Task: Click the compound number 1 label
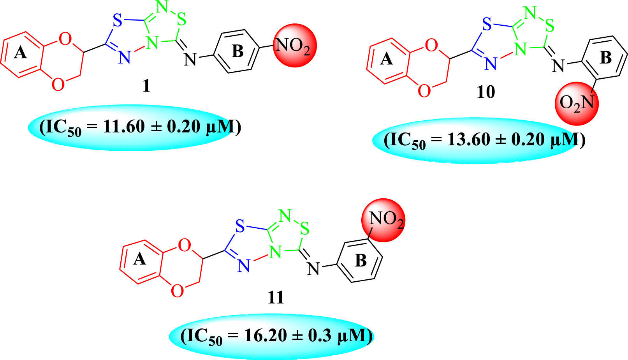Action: [146, 86]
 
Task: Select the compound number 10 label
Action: [486, 92]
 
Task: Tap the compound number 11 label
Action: [276, 298]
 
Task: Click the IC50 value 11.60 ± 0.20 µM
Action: [140, 127]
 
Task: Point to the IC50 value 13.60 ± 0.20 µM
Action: [484, 140]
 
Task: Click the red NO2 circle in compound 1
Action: [294, 46]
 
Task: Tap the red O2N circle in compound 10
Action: [576, 103]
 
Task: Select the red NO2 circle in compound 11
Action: [383, 220]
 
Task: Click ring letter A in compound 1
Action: [21, 52]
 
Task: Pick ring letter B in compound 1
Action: [237, 51]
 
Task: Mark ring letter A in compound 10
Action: [386, 59]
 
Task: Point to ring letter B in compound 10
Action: [606, 58]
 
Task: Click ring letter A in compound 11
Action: [139, 259]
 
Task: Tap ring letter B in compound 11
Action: [361, 261]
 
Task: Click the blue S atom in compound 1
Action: [117, 21]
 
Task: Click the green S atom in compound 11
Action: [304, 229]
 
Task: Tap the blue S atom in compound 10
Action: [487, 25]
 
